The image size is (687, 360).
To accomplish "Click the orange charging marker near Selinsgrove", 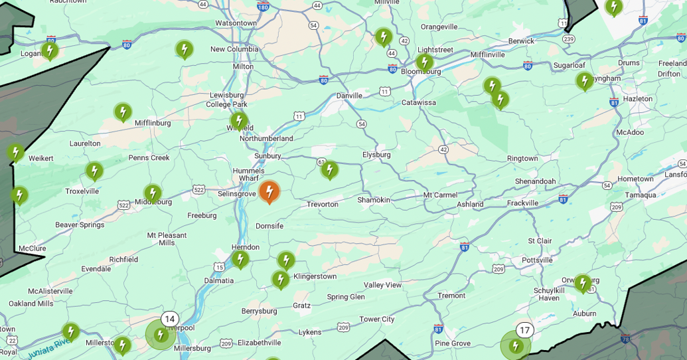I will [269, 192].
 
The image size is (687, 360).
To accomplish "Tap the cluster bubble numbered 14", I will [169, 319].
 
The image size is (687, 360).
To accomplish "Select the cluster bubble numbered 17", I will [524, 330].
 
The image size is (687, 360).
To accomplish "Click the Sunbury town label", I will [267, 156].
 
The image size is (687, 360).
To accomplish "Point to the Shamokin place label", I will [374, 200].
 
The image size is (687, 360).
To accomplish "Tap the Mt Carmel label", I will [440, 195].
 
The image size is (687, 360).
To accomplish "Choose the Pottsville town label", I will [537, 260].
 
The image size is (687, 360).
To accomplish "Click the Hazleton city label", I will [638, 99].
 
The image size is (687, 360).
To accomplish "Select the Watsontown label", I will [236, 23].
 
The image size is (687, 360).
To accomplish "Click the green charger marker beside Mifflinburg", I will [123, 112].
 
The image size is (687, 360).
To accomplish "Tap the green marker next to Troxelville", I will [94, 171].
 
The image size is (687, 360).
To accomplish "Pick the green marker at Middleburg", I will [153, 193].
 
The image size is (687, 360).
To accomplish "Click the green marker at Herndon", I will [240, 258].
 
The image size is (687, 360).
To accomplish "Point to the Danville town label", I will [349, 96].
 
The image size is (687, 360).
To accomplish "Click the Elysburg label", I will [376, 155].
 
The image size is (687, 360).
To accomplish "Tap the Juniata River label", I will [48, 348].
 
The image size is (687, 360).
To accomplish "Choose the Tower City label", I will [377, 319].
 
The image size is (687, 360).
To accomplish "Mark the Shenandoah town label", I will [535, 181].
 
